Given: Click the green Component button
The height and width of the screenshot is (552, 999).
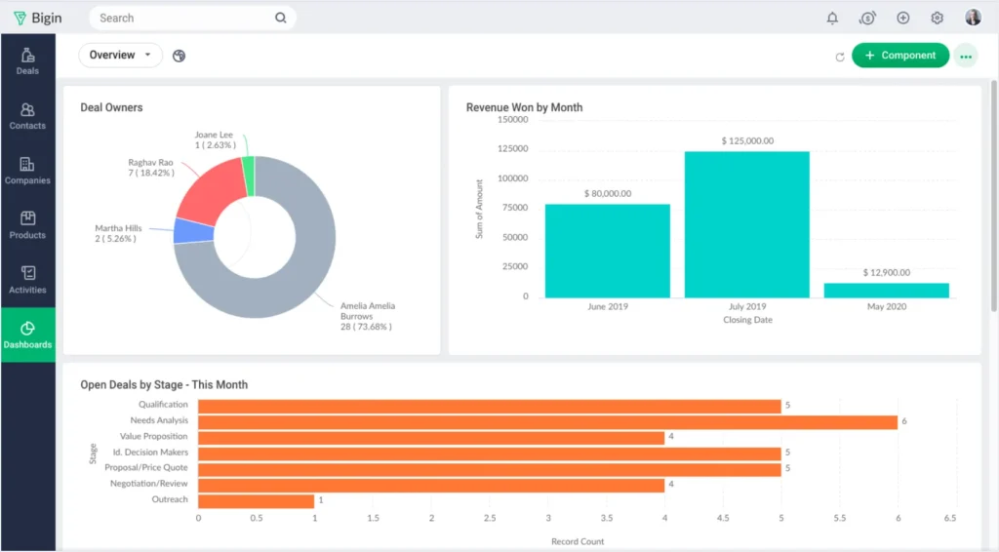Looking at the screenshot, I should point(899,56).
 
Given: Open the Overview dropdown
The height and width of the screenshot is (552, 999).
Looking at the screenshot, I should point(120,56).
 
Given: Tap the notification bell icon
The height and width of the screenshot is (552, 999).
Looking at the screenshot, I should point(832,18).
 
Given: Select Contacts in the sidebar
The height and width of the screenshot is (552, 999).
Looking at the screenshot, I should point(27,116).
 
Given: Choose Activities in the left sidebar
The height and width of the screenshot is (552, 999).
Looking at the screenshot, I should point(27,280).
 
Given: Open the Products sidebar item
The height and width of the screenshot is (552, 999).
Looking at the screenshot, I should point(27,225).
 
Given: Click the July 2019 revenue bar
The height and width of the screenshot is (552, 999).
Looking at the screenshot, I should point(746,224).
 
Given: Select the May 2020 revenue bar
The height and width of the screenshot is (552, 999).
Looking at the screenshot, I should point(886,290).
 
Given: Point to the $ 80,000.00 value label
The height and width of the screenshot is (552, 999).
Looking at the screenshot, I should point(607,193).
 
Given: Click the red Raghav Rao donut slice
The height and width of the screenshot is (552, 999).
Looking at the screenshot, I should point(210,189).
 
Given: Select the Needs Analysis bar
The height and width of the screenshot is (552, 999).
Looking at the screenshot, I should point(547,421).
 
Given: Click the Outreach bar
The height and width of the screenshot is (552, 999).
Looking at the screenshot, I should point(256,500).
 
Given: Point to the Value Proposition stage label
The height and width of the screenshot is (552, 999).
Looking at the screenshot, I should point(153,437).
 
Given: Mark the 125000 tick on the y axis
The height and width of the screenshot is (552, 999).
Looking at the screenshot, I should point(512,149).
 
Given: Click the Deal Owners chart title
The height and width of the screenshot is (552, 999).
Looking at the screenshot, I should point(111,107).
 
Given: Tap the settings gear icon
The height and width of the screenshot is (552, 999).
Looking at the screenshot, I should point(938,18).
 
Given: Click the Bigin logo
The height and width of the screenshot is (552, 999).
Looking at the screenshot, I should point(37,18).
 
